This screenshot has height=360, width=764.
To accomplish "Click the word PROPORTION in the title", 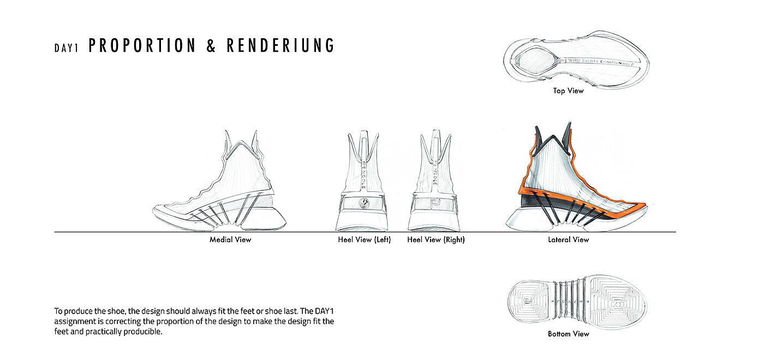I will pyautogui.click(x=142, y=46).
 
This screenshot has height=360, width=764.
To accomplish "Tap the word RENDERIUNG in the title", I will pyautogui.click(x=280, y=46).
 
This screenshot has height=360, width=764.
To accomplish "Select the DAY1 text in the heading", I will pyautogui.click(x=67, y=47).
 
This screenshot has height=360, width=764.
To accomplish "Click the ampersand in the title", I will pyautogui.click(x=211, y=46).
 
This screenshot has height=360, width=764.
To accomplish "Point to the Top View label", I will pyautogui.click(x=568, y=91).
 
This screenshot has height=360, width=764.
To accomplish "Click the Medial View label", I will pyautogui.click(x=230, y=239).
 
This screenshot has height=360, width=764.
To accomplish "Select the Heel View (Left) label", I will pyautogui.click(x=364, y=239).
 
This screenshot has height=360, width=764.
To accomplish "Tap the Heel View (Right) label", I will pyautogui.click(x=436, y=239).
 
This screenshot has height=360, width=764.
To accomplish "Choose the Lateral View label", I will pyautogui.click(x=569, y=239).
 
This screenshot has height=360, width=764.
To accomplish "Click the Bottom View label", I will pyautogui.click(x=568, y=334).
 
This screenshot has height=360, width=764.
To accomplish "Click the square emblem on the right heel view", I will pyautogui.click(x=435, y=203).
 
